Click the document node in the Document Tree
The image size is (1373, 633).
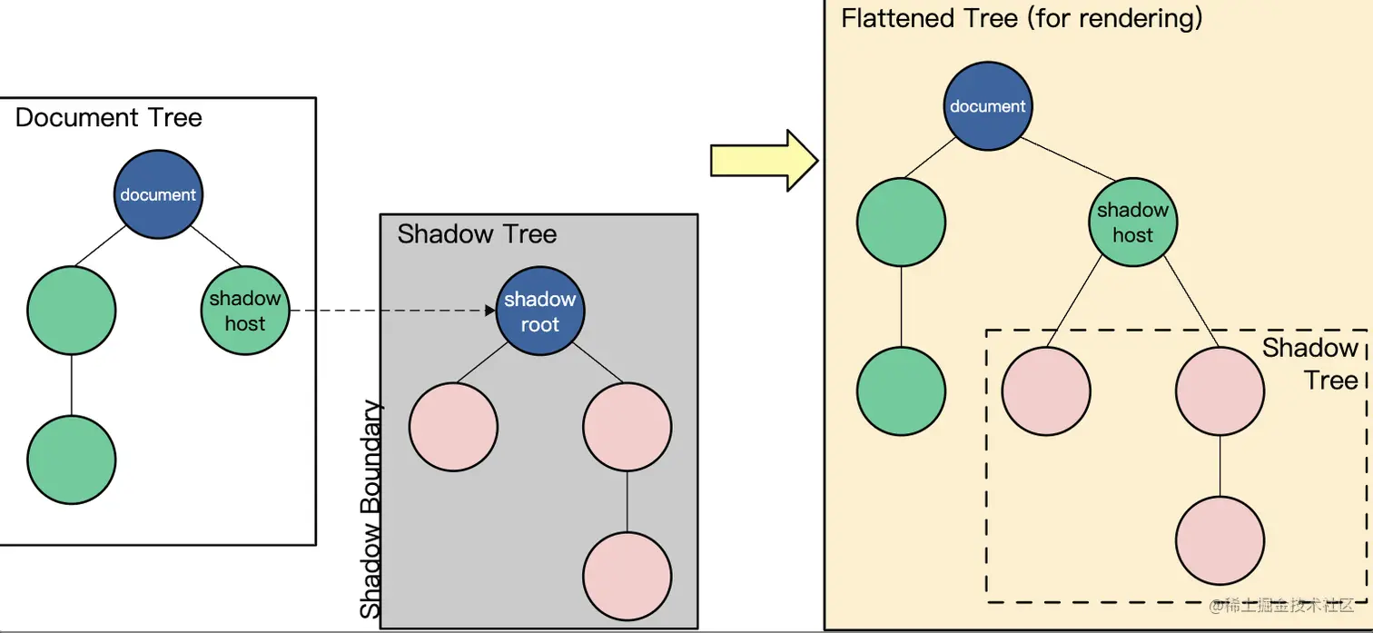click(158, 194)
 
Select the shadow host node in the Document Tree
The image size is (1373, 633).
click(244, 311)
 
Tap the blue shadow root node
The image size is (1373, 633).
click(540, 312)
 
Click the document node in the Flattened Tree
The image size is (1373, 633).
click(987, 106)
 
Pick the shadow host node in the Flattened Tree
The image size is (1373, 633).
click(1132, 223)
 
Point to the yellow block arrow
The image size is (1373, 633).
click(764, 160)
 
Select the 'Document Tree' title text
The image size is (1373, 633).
click(109, 118)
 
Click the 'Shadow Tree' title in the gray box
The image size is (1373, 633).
click(477, 234)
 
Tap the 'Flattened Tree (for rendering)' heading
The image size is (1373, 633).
click(1022, 18)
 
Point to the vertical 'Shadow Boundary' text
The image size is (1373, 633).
click(370, 509)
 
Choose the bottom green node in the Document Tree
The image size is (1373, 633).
click(72, 460)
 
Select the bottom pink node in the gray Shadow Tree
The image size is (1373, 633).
click(627, 576)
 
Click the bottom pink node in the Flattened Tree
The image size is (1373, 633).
click(1220, 539)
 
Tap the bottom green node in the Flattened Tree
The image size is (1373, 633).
click(901, 391)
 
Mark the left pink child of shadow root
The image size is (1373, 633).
click(453, 427)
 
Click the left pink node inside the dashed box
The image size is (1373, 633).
click(1046, 391)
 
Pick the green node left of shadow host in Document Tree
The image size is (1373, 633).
click(72, 311)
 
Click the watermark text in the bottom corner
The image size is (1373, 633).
click(1283, 605)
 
